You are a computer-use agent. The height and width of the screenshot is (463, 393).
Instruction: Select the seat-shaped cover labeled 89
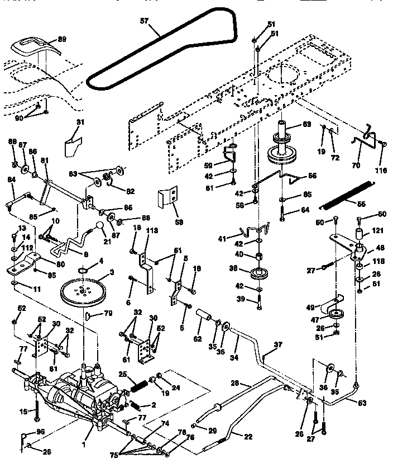(x=33, y=44)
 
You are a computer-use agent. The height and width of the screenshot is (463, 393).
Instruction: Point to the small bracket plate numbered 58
(x=167, y=199)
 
